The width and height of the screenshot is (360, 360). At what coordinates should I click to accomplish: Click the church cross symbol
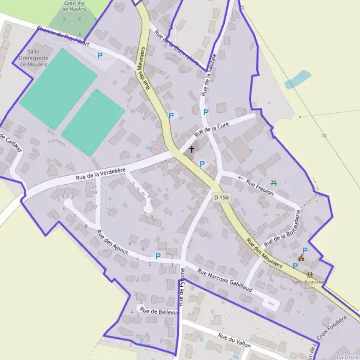coord(192,149)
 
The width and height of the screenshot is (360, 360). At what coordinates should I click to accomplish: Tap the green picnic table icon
coord(274,182)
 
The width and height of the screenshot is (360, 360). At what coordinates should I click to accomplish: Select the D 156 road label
coord(221,197)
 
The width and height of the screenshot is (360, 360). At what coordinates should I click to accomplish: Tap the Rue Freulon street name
coord(260,188)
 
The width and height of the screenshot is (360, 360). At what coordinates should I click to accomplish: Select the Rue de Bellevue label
coord(159,311)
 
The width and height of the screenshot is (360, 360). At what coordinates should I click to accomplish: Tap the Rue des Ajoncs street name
coord(112,242)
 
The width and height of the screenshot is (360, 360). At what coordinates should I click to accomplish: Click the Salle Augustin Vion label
coord(308,283)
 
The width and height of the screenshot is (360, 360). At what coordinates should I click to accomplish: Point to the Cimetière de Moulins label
coord(74,6)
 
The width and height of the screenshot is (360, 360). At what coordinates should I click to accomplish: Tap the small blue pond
coord(298,79)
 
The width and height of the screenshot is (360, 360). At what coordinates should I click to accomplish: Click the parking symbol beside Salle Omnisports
coord(100,55)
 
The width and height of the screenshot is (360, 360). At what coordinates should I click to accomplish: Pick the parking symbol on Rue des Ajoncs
coord(158,256)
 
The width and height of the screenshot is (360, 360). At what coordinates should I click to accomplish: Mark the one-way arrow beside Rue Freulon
coord(241,178)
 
